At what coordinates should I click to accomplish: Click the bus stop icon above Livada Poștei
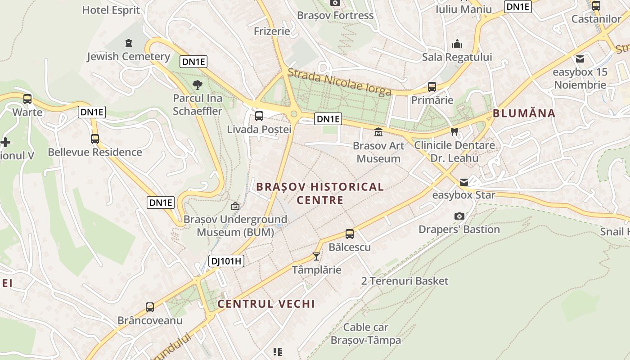tap(259, 116)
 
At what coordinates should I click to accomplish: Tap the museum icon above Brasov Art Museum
tap(378, 132)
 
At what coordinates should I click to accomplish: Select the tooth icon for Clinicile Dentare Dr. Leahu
tap(454, 132)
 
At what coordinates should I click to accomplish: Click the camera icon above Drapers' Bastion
tap(459, 216)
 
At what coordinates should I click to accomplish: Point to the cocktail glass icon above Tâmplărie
tap(316, 256)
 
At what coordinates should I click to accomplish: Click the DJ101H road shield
tap(226, 261)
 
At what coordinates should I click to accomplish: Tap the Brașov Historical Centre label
tap(320, 193)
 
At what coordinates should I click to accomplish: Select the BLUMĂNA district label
tap(524, 113)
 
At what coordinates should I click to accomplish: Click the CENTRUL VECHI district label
tap(266, 304)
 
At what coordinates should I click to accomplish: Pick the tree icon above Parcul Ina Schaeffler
tap(197, 85)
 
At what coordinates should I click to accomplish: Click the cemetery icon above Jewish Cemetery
tap(129, 43)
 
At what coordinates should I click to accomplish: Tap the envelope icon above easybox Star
tap(463, 182)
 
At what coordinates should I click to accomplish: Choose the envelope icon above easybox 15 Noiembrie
tap(580, 59)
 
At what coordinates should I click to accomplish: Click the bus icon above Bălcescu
tap(350, 234)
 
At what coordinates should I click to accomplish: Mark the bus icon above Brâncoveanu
tap(150, 307)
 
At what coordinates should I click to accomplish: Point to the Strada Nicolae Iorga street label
tap(339, 81)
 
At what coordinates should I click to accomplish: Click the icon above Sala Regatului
tap(457, 44)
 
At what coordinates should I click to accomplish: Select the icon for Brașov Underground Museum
tap(235, 207)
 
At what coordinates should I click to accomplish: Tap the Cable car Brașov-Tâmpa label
tap(365, 333)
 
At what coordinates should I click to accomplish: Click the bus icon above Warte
tap(27, 99)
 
